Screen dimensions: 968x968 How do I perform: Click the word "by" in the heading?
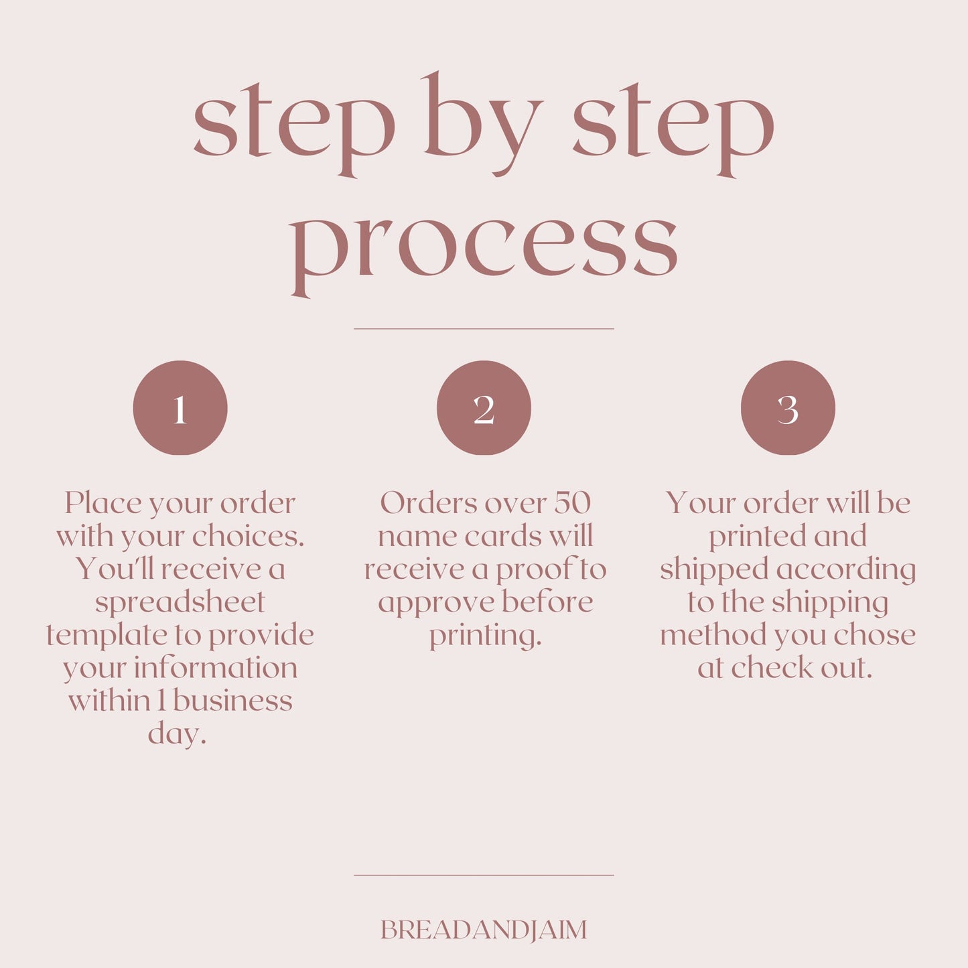[483, 125]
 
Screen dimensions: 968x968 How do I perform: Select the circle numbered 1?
[180, 408]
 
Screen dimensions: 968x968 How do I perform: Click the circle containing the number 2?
[484, 408]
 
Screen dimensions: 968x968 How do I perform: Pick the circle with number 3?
[788, 408]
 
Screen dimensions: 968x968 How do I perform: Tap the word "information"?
[216, 668]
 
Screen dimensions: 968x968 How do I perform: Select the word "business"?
[232, 701]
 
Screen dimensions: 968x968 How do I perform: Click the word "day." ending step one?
[177, 734]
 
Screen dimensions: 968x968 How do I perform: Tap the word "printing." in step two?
[486, 636]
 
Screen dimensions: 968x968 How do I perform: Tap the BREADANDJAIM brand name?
[484, 930]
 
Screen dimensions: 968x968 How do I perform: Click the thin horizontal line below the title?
[484, 329]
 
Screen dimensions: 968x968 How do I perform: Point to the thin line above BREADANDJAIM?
[484, 875]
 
